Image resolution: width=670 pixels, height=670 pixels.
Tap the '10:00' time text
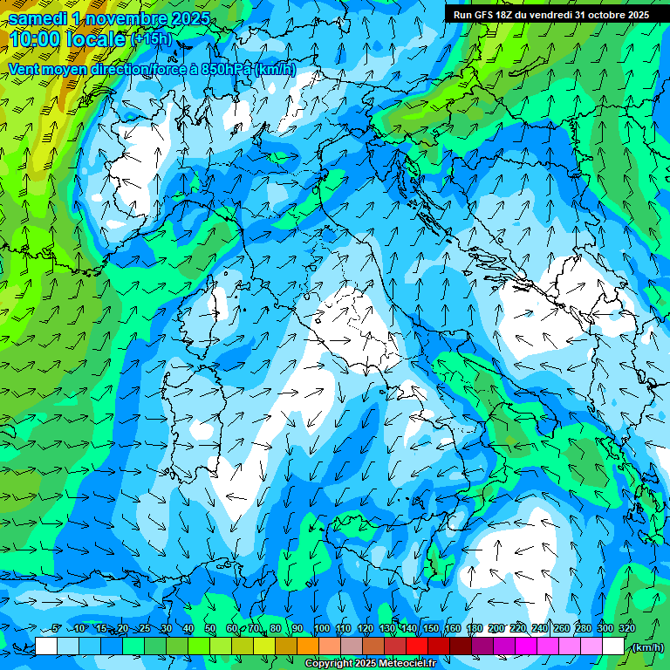tap(38, 40)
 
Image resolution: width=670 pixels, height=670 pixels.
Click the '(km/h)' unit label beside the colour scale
tap(648, 647)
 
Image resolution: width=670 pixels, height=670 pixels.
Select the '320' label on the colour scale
tap(626, 629)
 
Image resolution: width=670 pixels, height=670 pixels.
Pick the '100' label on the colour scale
tap(322, 629)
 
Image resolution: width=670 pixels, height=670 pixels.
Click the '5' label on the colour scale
tap(56, 629)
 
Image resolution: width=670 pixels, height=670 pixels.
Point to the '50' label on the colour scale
tap(210, 629)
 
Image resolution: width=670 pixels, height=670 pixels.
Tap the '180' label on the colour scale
tap(474, 629)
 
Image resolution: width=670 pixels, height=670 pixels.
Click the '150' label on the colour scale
tap(431, 629)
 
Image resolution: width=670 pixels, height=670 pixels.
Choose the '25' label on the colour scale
tap(145, 629)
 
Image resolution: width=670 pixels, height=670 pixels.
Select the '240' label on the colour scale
tap(539, 629)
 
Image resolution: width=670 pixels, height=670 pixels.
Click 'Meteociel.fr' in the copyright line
tap(419, 664)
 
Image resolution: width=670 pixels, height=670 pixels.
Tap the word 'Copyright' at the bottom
tap(330, 664)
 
